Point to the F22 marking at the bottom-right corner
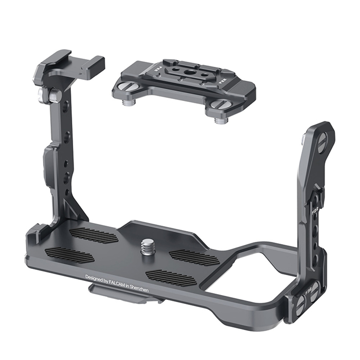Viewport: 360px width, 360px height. (310, 297)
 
